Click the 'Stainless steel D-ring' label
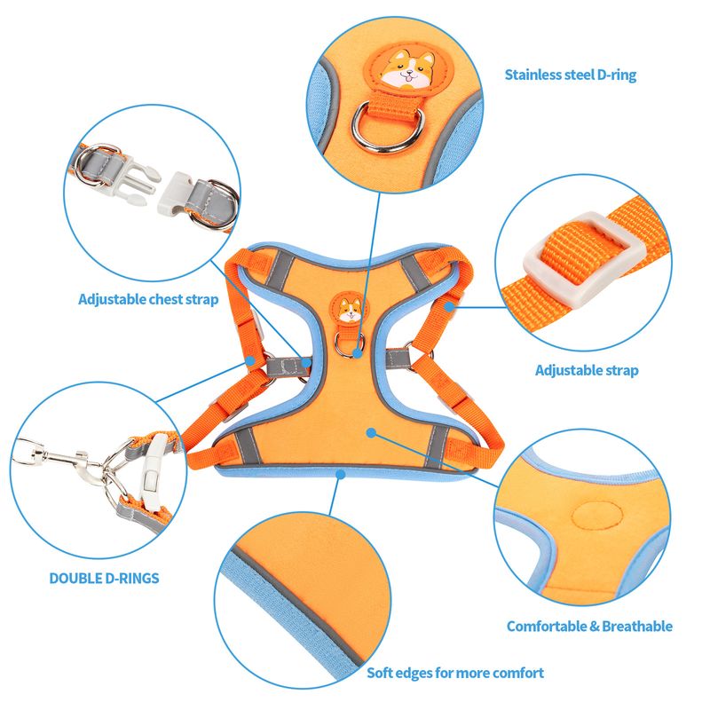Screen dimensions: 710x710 (570, 75)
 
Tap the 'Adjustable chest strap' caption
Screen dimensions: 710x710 (148, 299)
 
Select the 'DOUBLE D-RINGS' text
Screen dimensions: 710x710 (104, 579)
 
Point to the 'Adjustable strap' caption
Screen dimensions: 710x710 (587, 370)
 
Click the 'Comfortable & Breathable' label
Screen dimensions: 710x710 (589, 627)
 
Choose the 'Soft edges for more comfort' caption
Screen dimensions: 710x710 (455, 673)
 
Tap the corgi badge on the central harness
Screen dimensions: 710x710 (350, 308)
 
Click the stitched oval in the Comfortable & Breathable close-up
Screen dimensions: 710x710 (596, 516)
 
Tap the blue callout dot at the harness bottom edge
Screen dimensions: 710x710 (341, 474)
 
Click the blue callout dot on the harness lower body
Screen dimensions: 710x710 (371, 433)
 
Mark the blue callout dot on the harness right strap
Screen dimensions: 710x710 (449, 306)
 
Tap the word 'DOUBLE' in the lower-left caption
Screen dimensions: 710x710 (75, 579)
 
